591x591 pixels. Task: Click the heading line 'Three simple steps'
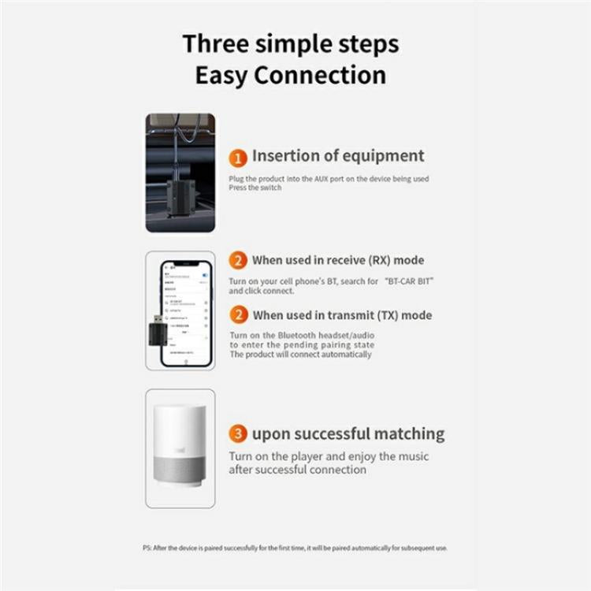coord(291,43)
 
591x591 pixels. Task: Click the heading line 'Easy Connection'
coord(291,76)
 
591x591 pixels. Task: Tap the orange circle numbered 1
coord(239,157)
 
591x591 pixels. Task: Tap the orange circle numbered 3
coord(238,434)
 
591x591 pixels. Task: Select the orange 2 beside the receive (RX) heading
coord(238,261)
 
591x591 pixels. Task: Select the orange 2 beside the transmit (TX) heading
coord(238,315)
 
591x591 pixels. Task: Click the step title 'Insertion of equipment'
coord(338,156)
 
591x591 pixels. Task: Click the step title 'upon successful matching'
coord(348,434)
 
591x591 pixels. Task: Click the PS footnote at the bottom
coord(290,548)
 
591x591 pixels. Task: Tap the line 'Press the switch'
coord(255,188)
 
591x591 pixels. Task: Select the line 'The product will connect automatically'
coord(299,355)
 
